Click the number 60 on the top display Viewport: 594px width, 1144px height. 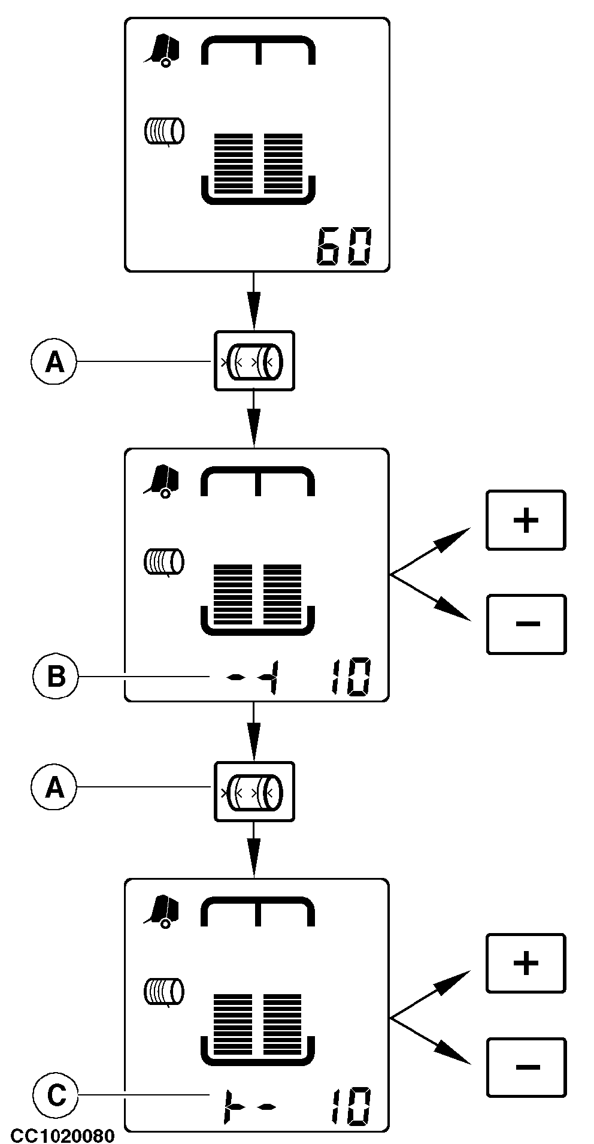click(343, 246)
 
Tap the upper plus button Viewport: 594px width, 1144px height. click(526, 520)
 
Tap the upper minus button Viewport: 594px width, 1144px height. click(526, 624)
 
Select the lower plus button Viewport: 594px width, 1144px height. click(526, 963)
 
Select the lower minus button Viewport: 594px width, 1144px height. click(526, 1067)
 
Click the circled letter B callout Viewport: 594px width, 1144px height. click(55, 677)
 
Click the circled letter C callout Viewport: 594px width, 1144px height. click(55, 1096)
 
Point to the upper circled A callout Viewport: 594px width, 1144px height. click(54, 361)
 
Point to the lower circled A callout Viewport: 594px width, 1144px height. click(54, 787)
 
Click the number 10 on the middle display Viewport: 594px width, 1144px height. click(350, 677)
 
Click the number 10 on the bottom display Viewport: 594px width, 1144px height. click(350, 1107)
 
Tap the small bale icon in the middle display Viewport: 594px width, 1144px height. click(164, 561)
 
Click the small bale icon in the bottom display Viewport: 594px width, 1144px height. click(164, 991)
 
